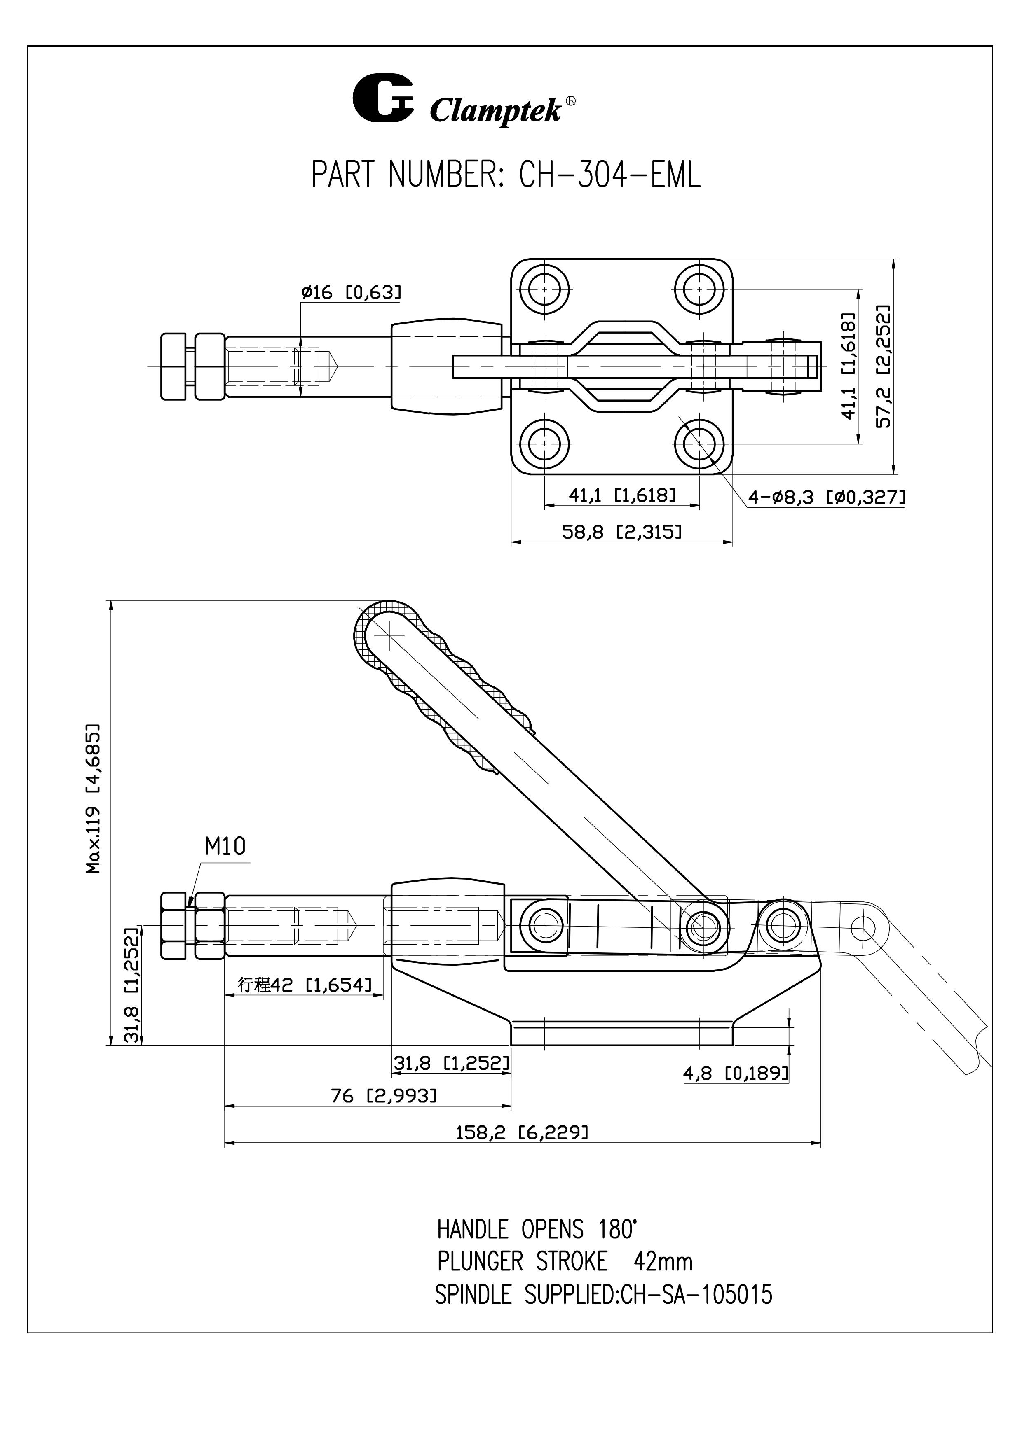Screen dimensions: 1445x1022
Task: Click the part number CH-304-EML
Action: (609, 175)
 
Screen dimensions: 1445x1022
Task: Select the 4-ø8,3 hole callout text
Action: (827, 498)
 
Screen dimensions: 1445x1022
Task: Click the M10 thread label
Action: (225, 847)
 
